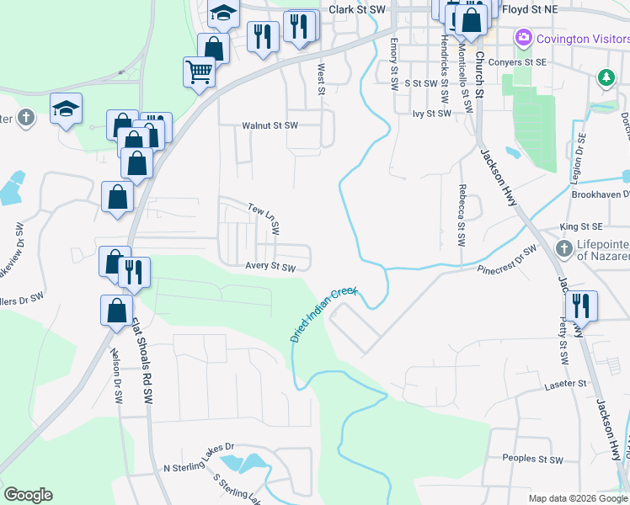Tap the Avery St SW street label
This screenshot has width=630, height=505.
270,267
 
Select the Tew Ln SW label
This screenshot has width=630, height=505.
264,217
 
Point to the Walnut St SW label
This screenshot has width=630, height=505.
270,125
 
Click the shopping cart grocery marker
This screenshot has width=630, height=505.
199,72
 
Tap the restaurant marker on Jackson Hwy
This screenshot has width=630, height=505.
581,305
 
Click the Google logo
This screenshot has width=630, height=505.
28,495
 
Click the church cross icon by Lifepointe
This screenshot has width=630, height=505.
564,248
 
